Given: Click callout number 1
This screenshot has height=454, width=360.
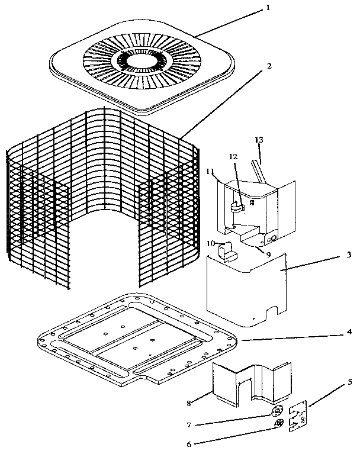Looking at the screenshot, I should click(268, 8).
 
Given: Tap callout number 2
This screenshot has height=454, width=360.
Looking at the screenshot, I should click(270, 66).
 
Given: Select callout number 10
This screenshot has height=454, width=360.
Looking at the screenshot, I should click(211, 243).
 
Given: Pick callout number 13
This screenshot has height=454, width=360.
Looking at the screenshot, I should click(258, 140).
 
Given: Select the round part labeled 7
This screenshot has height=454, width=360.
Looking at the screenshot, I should click(277, 410).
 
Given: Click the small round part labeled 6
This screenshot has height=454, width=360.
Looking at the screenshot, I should click(279, 423).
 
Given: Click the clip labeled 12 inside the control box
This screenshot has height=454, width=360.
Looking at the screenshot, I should click(236, 204).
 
